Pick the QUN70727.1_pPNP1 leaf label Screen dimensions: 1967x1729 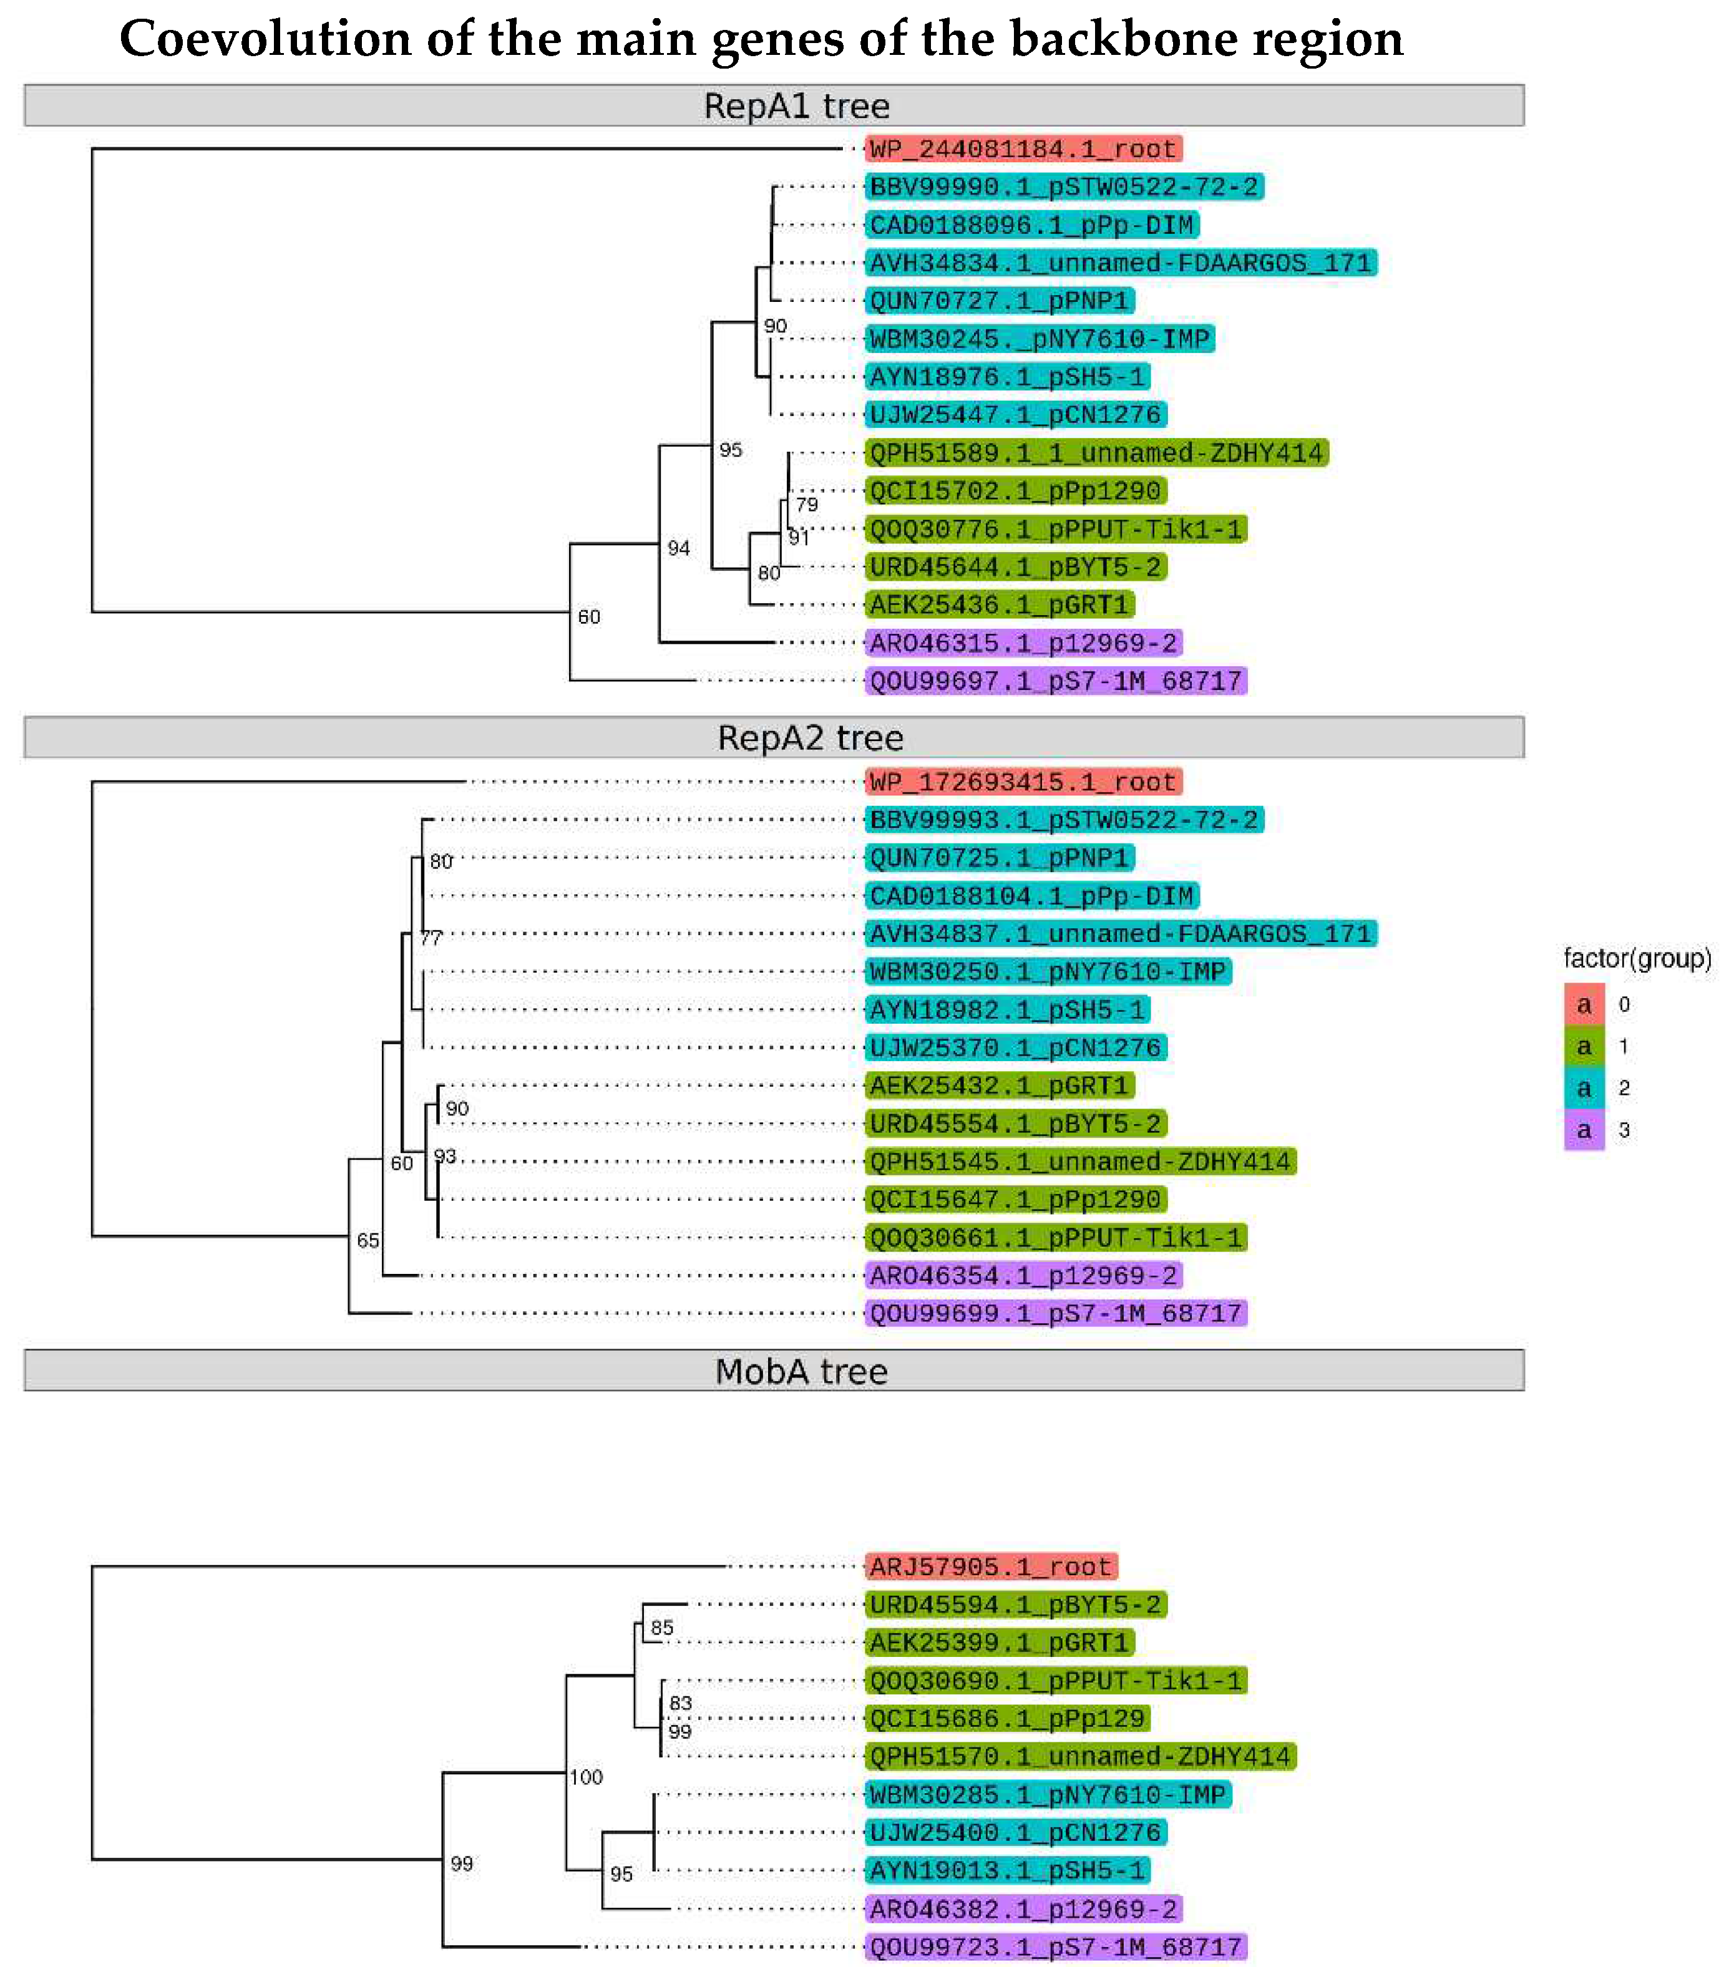click(x=998, y=301)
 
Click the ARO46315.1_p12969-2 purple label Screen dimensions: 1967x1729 click(x=1023, y=643)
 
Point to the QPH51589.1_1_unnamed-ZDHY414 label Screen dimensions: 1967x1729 click(x=1096, y=454)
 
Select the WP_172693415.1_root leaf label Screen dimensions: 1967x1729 click(x=1023, y=782)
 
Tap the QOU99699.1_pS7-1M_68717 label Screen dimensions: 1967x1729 click(x=1055, y=1314)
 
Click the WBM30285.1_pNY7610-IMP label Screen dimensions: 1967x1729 click(x=1046, y=1795)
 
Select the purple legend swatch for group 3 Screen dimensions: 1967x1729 click(x=1584, y=1131)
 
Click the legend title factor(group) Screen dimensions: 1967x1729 click(x=1637, y=958)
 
